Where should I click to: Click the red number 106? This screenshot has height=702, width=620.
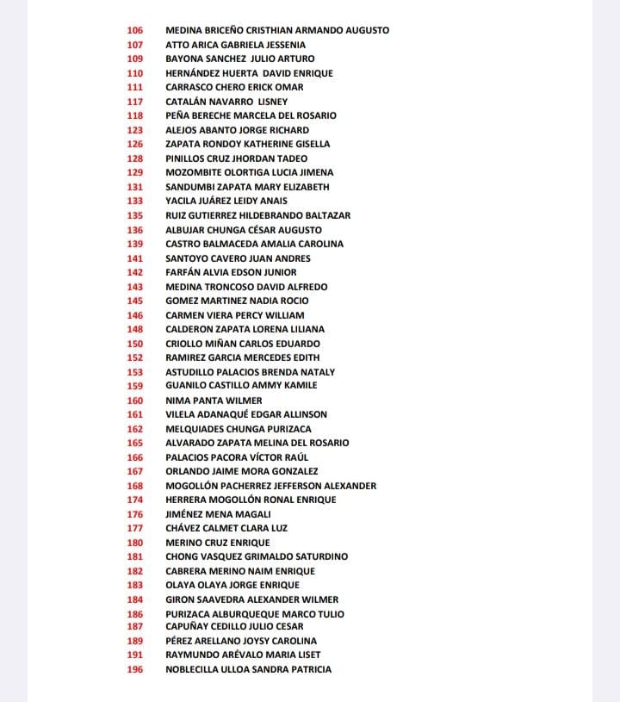134,30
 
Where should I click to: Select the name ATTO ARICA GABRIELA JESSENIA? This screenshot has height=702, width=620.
235,45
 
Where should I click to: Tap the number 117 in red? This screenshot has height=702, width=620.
134,102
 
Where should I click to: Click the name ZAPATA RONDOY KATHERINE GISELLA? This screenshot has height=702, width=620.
247,144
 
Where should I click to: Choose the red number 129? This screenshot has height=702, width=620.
134,172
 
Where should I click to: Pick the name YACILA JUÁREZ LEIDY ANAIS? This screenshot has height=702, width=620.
226,201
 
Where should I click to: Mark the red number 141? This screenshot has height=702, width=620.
134,258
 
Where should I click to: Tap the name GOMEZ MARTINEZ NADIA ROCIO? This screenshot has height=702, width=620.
237,301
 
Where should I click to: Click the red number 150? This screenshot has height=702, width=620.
134,344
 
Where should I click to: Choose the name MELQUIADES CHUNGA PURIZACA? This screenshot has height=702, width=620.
239,429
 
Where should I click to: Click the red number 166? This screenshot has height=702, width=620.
134,457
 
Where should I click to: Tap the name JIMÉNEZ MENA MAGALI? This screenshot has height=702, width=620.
218,514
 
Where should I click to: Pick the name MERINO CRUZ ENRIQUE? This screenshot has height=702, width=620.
217,543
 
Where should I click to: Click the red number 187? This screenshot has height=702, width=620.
134,626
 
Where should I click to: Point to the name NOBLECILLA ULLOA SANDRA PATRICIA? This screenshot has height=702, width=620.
248,669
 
